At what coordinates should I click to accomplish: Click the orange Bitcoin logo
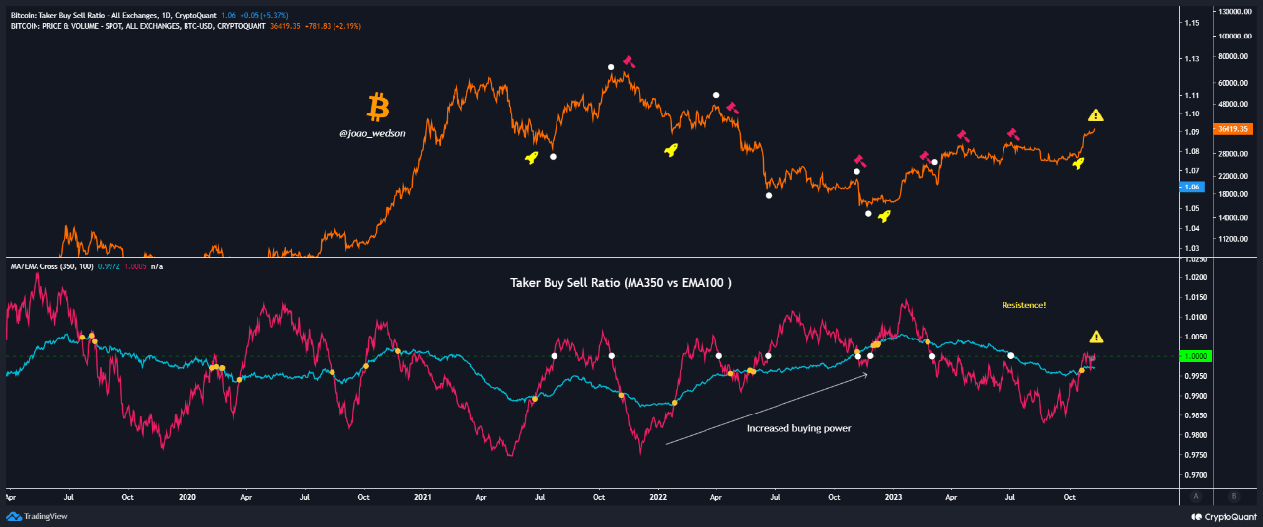377,107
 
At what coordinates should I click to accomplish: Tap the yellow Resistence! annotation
1023,305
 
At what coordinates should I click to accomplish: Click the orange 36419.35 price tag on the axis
1234,129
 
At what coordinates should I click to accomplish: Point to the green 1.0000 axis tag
1199,356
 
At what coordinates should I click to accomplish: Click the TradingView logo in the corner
34,516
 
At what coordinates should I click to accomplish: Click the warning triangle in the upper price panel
1096,116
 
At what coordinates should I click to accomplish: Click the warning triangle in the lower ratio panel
1096,337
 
